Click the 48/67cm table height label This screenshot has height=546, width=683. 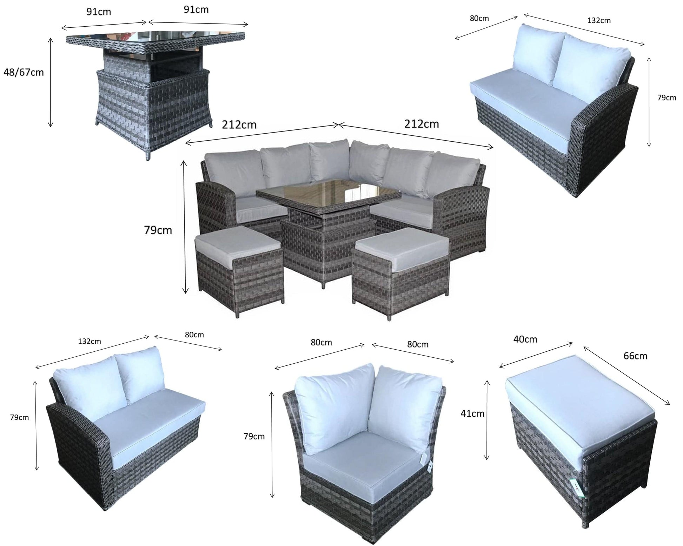24,73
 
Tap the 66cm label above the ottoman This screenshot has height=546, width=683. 635,356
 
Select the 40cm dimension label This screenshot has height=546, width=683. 525,339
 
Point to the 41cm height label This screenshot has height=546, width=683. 472,414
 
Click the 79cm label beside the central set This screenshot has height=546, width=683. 158,230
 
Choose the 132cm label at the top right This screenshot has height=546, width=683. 599,20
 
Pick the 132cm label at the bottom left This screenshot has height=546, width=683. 89,341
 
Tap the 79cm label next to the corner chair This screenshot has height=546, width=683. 254,437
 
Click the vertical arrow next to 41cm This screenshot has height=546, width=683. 487,419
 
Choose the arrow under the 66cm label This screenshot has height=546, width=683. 626,375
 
